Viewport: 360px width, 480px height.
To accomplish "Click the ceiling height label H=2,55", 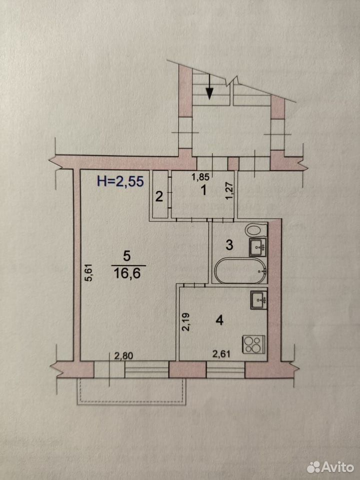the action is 120,181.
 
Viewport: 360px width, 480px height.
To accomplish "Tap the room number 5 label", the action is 126,255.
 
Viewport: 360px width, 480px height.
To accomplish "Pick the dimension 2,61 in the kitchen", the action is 221,354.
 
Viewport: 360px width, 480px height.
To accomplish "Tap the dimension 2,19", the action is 185,321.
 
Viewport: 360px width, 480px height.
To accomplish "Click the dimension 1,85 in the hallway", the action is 200,176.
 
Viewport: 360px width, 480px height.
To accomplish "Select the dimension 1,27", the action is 231,191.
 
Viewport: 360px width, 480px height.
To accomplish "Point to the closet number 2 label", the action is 159,196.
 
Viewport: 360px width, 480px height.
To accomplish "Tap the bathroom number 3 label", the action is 229,245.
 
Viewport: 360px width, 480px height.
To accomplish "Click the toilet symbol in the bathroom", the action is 256,229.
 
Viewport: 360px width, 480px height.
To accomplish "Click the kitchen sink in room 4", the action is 258,300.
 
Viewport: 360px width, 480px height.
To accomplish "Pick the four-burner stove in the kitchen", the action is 253,344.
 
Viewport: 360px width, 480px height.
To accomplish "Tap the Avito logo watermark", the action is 330,467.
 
